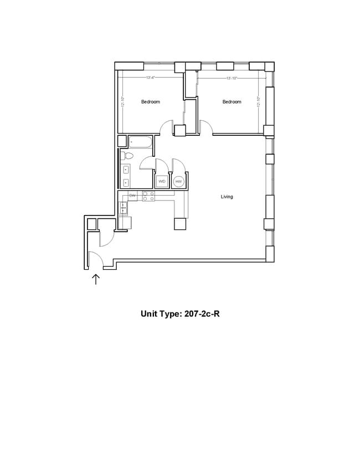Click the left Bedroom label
tap(150, 102)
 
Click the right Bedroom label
tap(232, 102)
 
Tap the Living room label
tap(227, 197)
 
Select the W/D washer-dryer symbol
tap(162, 181)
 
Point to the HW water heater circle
tap(178, 181)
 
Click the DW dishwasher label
tap(132, 196)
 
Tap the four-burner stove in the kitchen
tap(148, 196)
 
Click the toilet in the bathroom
tap(125, 156)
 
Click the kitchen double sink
tap(123, 208)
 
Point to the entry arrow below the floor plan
tap(95, 279)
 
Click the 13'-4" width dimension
tap(150, 78)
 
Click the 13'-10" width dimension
tap(232, 78)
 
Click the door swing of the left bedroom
tap(167, 128)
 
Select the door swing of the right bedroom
tap(205, 128)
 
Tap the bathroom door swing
tap(147, 163)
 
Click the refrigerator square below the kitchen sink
tap(125, 223)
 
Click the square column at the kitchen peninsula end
tap(181, 223)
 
